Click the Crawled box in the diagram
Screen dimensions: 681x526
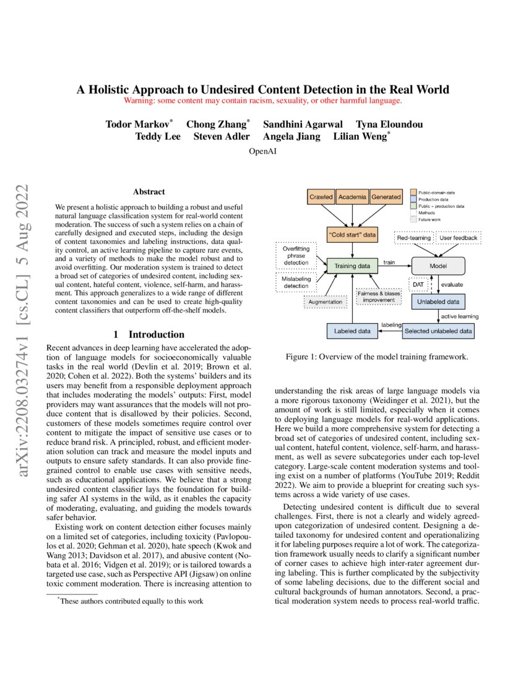[321, 197]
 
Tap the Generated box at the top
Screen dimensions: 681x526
[386, 197]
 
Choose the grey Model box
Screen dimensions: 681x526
[438, 266]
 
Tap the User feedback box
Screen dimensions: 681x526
[459, 238]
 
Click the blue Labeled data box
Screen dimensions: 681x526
[351, 331]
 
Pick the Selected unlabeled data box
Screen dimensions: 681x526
[438, 331]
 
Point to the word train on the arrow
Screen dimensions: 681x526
[389, 262]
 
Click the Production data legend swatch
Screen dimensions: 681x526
[414, 199]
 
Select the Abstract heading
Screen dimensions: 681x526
[149, 192]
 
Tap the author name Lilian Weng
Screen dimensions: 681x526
[361, 136]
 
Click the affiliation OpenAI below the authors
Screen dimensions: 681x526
[263, 151]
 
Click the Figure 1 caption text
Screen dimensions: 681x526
[377, 357]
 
